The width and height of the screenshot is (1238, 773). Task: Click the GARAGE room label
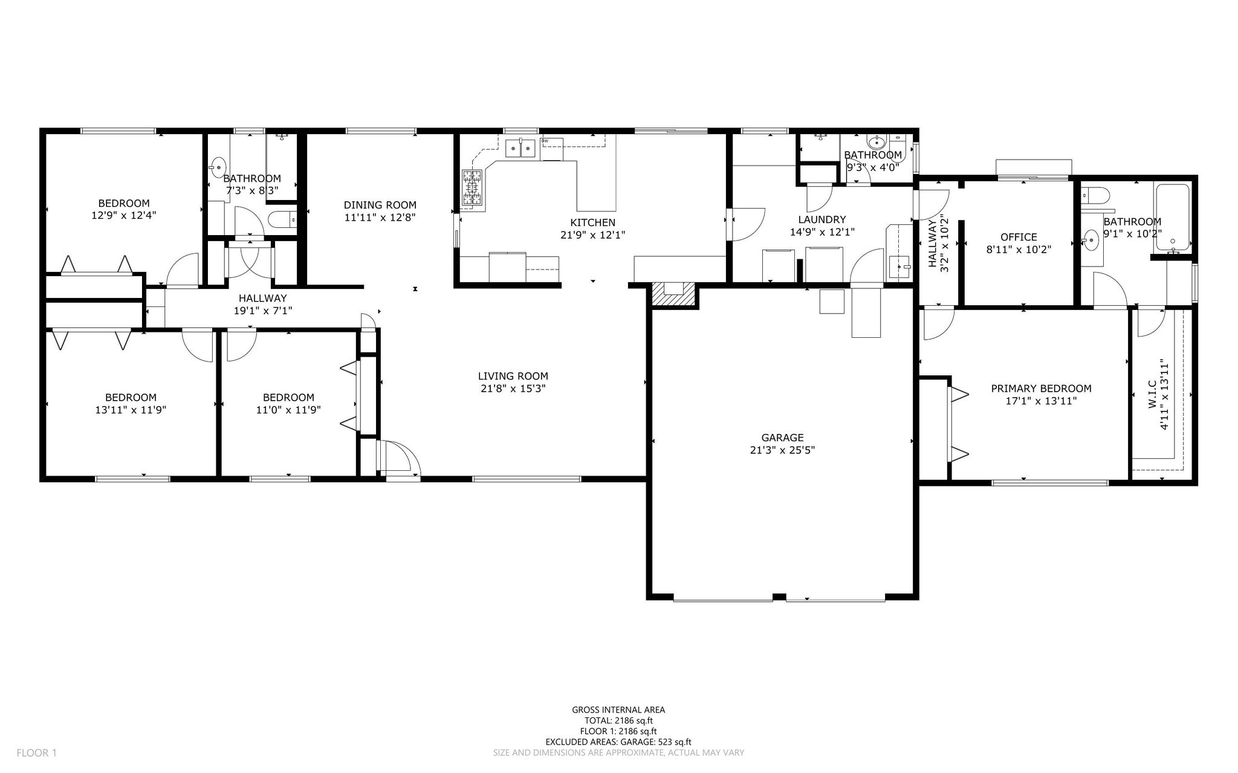click(782, 438)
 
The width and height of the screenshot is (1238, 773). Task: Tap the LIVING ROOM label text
click(513, 376)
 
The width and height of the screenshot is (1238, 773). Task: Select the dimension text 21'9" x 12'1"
click(592, 234)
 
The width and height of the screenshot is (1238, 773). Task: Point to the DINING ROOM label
click(380, 205)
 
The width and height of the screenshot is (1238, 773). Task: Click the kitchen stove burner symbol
click(473, 189)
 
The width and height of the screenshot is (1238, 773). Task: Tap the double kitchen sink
click(520, 147)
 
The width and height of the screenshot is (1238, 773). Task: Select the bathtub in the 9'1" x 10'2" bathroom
click(1173, 220)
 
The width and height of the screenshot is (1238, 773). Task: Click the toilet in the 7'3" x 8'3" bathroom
click(282, 220)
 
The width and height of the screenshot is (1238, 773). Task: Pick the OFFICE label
click(1019, 237)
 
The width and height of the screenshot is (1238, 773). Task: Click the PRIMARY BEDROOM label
click(1041, 389)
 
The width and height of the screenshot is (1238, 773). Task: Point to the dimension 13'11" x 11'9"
click(131, 409)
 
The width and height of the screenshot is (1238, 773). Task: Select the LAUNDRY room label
click(822, 219)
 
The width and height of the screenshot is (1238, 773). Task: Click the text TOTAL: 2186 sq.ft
click(618, 720)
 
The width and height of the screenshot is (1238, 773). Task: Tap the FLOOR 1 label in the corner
click(36, 753)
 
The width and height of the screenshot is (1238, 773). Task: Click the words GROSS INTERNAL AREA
click(618, 710)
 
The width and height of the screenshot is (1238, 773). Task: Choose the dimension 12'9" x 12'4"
click(124, 215)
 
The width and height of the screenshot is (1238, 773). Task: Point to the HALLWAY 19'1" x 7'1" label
click(262, 304)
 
